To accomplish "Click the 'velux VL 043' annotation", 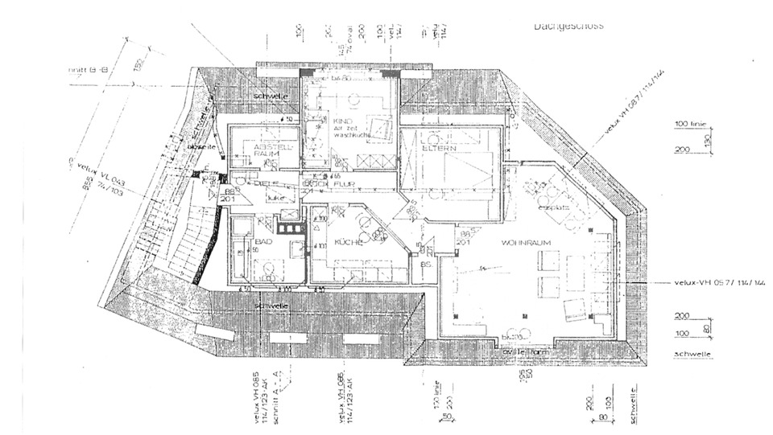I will pyautogui.click(x=97, y=176).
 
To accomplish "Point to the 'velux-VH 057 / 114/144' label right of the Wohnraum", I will pyautogui.click(x=720, y=283).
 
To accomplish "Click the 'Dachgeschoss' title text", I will pyautogui.click(x=568, y=26).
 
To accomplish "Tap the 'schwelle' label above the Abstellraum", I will pyautogui.click(x=270, y=96).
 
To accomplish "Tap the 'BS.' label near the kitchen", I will pyautogui.click(x=424, y=263).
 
